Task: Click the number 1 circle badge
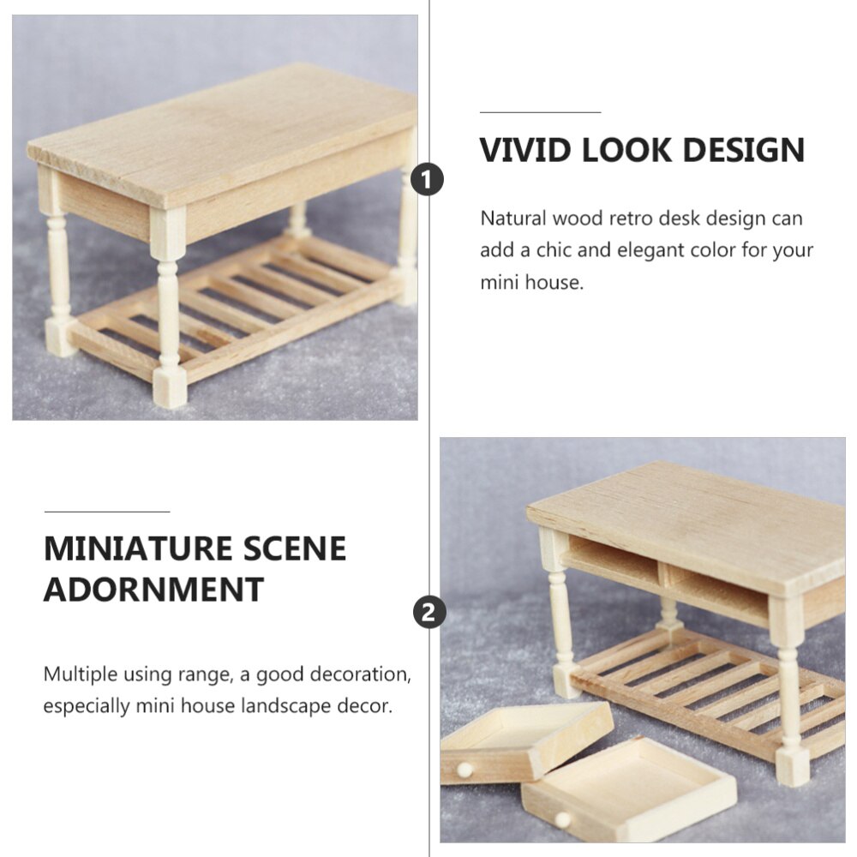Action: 428,181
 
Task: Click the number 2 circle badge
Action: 429,613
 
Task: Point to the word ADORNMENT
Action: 153,590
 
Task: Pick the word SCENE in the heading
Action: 297,548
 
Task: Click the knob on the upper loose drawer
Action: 464,770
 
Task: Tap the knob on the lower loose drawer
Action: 562,819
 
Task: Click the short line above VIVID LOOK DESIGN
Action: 540,112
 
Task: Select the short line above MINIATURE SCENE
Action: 106,512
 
